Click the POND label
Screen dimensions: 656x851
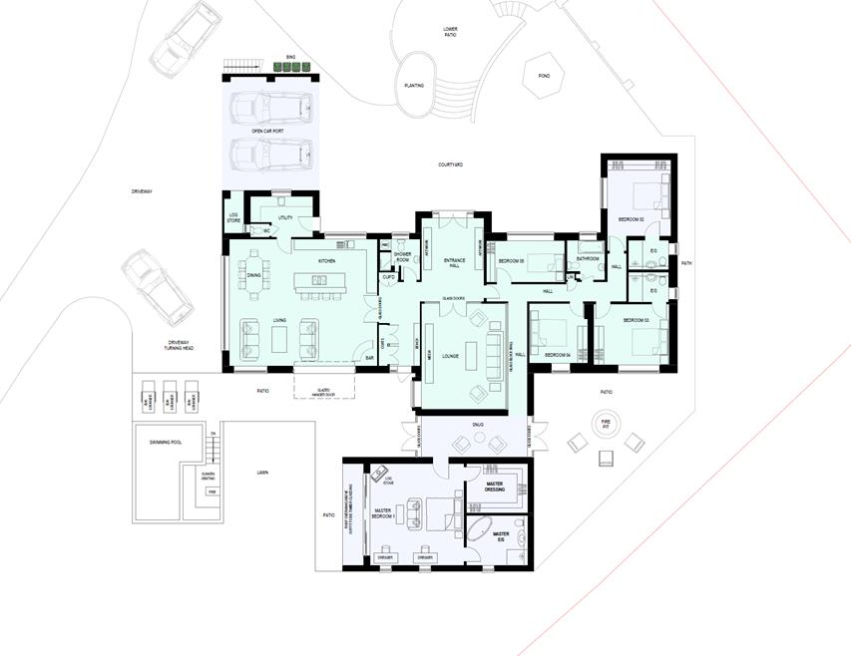click(544, 76)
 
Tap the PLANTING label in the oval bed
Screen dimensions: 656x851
click(414, 86)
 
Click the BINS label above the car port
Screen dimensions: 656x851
click(290, 57)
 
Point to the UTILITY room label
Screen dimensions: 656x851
click(285, 217)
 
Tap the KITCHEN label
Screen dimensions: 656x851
click(326, 260)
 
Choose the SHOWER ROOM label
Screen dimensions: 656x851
click(402, 257)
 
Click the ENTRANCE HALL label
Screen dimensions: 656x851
click(453, 263)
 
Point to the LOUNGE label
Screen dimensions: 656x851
click(451, 355)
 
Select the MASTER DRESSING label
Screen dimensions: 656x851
click(495, 488)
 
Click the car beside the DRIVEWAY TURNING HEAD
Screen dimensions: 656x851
click(155, 289)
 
